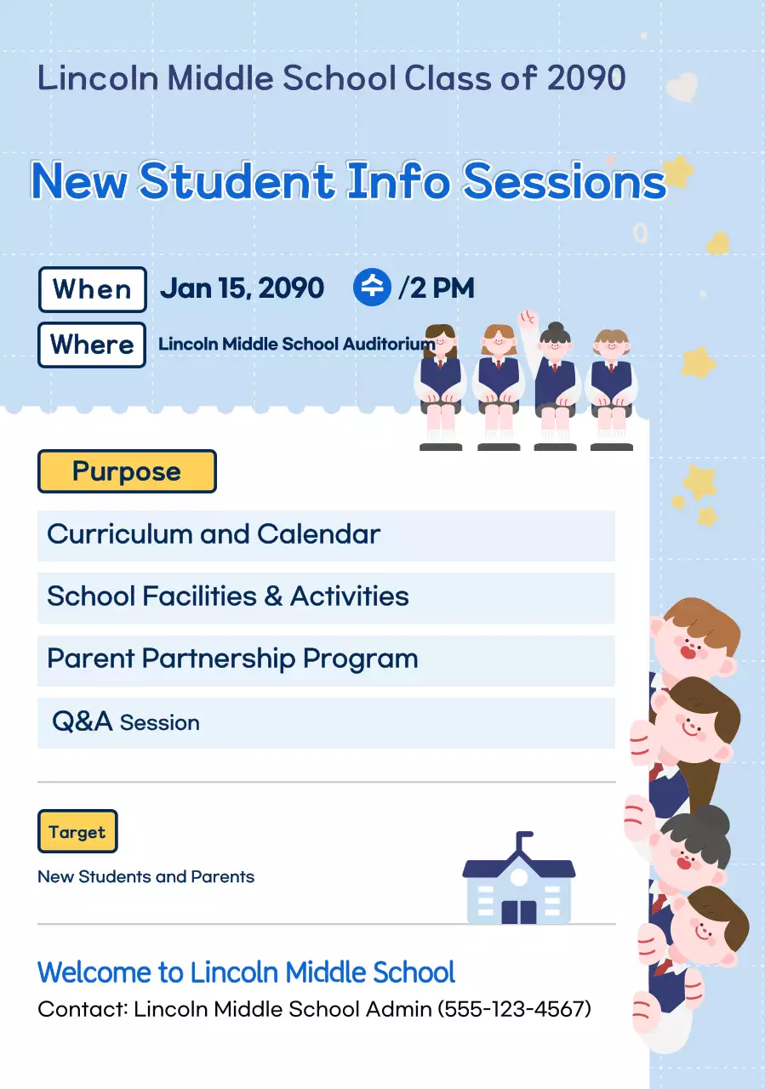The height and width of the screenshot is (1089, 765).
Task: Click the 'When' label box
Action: click(x=93, y=289)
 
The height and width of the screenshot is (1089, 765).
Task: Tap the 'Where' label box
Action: click(x=92, y=345)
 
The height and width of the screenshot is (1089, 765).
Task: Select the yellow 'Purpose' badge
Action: click(x=127, y=471)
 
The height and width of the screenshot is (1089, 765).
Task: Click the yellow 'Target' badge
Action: click(x=77, y=832)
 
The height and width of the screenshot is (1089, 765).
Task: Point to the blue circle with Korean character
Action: click(x=372, y=288)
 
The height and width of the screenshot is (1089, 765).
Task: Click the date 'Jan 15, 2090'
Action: click(x=242, y=288)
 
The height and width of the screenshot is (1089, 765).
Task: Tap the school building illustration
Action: click(x=519, y=880)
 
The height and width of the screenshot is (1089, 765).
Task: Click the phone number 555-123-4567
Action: click(x=515, y=1009)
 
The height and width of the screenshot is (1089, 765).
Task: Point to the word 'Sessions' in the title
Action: click(x=564, y=181)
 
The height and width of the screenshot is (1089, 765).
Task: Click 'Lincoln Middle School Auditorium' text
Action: click(x=297, y=345)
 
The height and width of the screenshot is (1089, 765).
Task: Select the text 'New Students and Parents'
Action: click(x=146, y=876)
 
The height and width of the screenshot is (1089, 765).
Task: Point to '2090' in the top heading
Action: click(x=586, y=77)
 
